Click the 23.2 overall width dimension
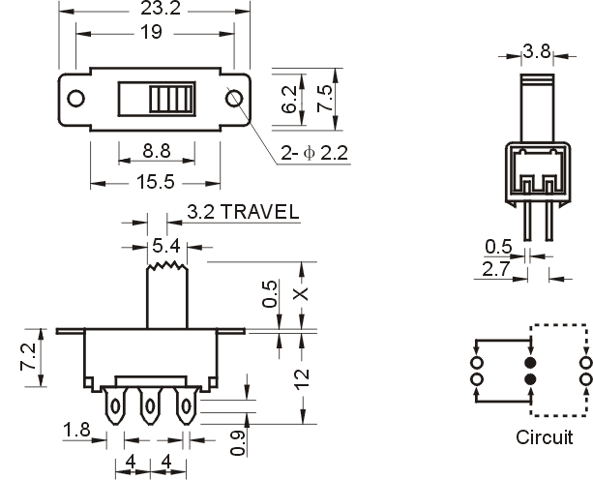click(x=161, y=8)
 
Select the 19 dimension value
click(x=151, y=32)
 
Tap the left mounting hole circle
click(x=75, y=99)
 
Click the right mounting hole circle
click(x=234, y=99)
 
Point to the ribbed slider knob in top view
click(x=171, y=99)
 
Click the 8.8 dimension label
click(x=157, y=151)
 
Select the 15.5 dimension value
click(x=156, y=182)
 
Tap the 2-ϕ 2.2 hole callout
click(x=313, y=153)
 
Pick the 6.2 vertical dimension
click(x=289, y=100)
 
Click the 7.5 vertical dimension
click(x=324, y=99)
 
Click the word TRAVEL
click(x=260, y=212)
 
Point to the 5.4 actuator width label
click(x=166, y=246)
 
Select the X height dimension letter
click(x=302, y=294)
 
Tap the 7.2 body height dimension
click(x=29, y=357)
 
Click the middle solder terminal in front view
click(x=150, y=405)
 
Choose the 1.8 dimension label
click(x=76, y=430)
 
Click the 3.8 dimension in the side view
click(x=537, y=50)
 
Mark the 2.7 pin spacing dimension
click(x=496, y=269)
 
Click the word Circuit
click(x=545, y=437)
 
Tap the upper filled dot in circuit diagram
click(x=530, y=363)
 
